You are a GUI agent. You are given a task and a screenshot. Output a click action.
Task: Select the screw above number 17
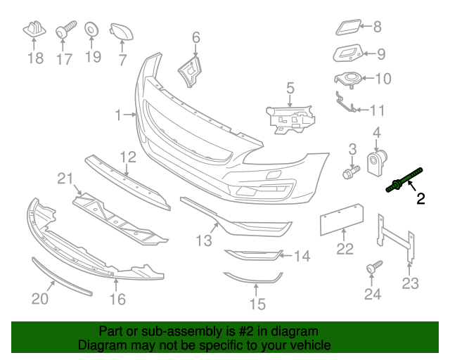64,30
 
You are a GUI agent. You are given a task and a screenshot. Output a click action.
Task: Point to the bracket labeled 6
189,70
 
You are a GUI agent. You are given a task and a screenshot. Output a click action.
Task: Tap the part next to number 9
347,53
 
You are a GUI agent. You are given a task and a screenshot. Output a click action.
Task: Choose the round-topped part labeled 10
349,79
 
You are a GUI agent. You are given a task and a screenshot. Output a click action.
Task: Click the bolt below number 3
349,170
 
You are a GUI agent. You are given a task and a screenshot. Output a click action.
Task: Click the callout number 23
410,283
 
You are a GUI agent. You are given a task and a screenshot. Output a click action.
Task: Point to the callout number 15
258,304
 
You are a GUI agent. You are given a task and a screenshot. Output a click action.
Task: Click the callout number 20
39,299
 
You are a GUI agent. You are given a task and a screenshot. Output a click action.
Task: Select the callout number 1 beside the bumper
119,113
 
